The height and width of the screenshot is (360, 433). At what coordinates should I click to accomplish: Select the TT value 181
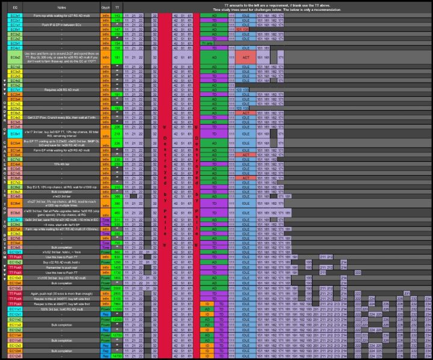[117, 57]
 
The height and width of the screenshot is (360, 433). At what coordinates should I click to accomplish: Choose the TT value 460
[117, 213]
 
